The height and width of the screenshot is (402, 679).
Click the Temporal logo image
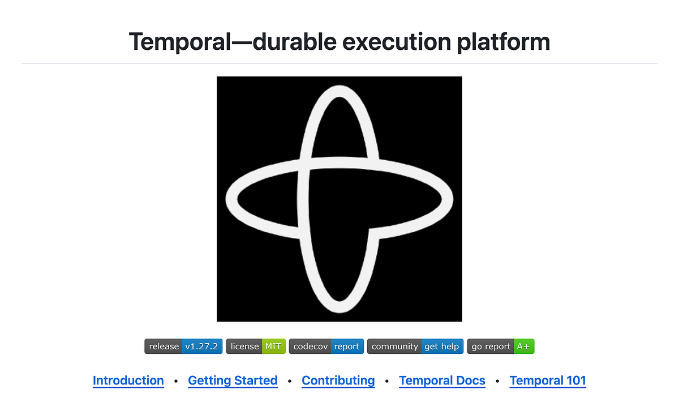(x=339, y=199)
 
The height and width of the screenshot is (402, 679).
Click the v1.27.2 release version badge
(x=184, y=347)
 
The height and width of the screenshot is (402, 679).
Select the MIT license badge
(x=256, y=347)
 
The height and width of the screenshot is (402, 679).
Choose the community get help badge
(x=415, y=347)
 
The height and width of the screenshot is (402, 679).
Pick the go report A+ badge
(x=501, y=347)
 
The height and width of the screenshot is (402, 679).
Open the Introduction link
(x=128, y=380)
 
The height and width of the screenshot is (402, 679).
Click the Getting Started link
(x=233, y=380)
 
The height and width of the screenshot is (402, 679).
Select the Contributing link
(x=338, y=380)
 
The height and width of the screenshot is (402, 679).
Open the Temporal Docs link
(x=442, y=380)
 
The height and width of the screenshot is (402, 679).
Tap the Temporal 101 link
(x=548, y=380)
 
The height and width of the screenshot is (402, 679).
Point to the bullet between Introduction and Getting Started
(x=176, y=382)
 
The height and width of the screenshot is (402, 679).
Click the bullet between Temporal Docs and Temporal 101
(x=497, y=382)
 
